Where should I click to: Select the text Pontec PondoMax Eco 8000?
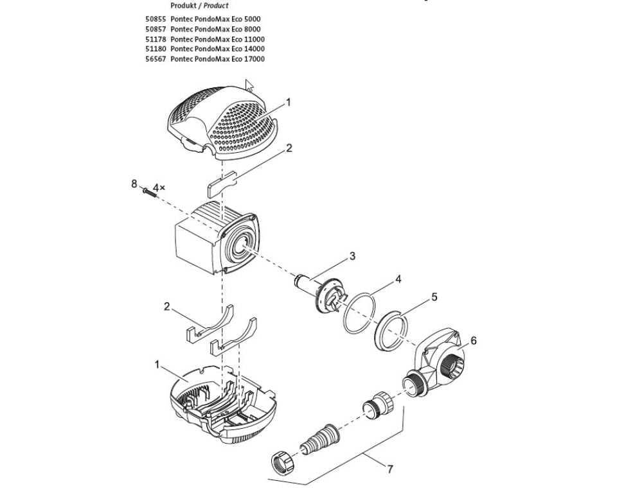[215, 29]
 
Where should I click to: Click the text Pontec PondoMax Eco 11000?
[217, 39]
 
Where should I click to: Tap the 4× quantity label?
[158, 187]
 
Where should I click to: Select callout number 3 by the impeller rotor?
[352, 256]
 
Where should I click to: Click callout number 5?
[434, 297]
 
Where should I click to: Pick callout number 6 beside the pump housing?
[474, 340]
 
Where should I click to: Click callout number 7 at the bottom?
[389, 469]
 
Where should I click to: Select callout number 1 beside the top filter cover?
[289, 102]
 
